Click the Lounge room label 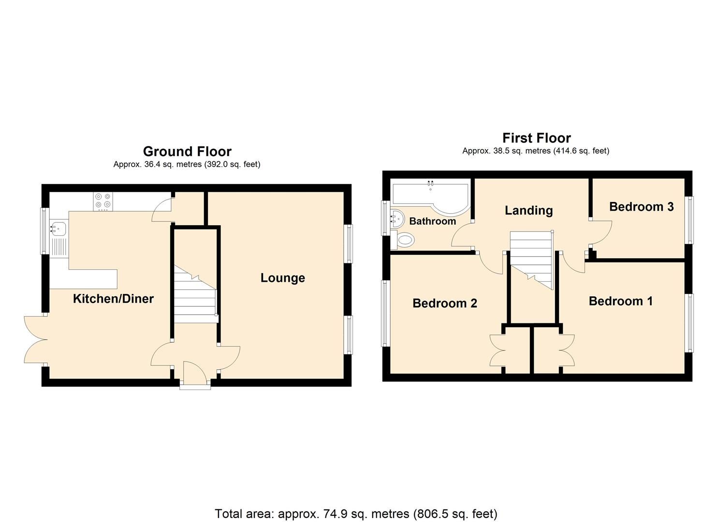click(x=282, y=278)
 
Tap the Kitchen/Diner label click(x=113, y=299)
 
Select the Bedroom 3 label click(x=641, y=207)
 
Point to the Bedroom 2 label click(x=444, y=303)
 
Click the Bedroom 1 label click(x=620, y=301)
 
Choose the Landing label click(x=528, y=210)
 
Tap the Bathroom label click(x=432, y=221)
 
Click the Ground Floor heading click(x=187, y=151)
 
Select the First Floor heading click(x=536, y=138)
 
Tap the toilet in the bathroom click(x=404, y=239)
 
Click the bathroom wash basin click(x=398, y=218)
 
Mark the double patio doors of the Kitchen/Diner click(x=35, y=340)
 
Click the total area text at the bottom click(x=356, y=513)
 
